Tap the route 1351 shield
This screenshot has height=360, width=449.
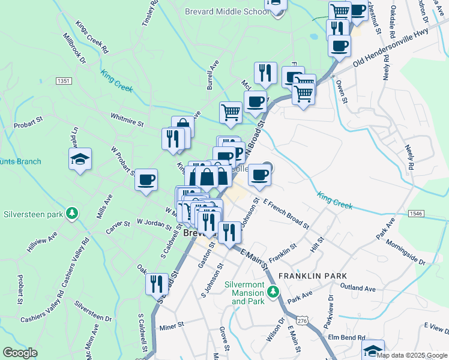click(x=64, y=80)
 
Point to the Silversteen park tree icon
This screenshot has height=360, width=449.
click(x=72, y=213)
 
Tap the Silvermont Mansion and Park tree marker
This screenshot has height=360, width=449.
click(x=273, y=292)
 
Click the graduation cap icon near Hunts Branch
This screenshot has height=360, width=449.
click(x=80, y=159)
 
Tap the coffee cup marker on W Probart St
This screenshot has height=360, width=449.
click(x=146, y=179)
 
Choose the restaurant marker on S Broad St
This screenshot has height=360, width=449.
click(x=157, y=283)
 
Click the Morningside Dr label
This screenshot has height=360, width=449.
click(x=405, y=254)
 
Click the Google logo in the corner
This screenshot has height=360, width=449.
click(x=20, y=353)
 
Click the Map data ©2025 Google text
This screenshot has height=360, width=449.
click(x=411, y=355)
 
